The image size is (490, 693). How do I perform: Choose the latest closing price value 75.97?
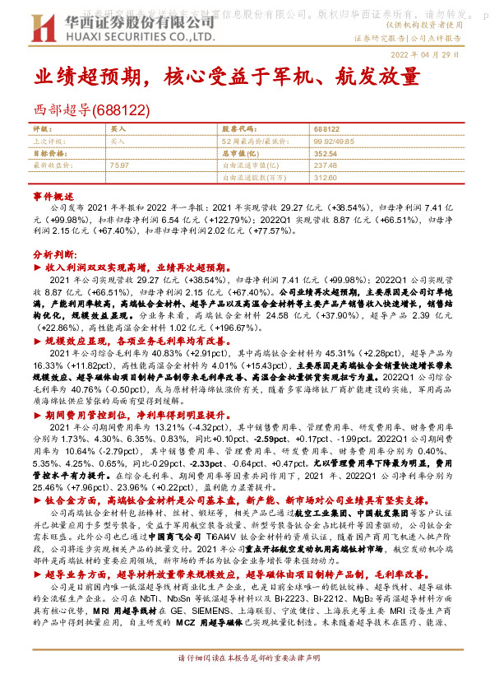pos(118,165)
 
